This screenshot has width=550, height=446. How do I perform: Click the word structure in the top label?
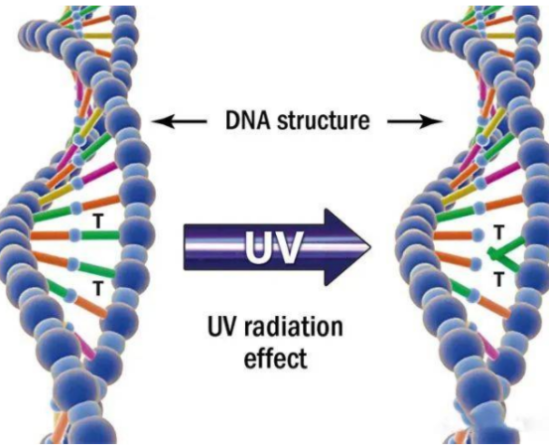click(x=323, y=121)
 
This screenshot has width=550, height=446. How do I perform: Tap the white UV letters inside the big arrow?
click(x=273, y=247)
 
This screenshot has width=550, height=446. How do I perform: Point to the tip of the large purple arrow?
click(x=370, y=247)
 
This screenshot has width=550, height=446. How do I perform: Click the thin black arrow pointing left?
click(x=179, y=121)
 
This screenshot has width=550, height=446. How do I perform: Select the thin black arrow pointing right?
click(x=415, y=121)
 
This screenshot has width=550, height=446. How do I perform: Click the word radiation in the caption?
click(x=293, y=327)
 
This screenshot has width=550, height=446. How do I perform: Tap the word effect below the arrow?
click(x=275, y=358)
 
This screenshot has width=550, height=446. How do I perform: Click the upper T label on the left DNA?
click(x=98, y=222)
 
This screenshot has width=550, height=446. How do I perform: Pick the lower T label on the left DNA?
click(x=98, y=288)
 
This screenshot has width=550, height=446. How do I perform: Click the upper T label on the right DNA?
click(x=498, y=232)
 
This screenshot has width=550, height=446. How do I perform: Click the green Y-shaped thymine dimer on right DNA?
click(x=505, y=253)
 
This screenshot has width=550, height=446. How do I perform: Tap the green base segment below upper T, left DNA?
click(x=101, y=234)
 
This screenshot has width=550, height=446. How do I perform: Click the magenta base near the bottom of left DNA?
click(x=85, y=347)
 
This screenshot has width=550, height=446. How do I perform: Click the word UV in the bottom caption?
click(x=222, y=327)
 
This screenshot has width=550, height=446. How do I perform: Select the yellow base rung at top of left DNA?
click(x=97, y=36)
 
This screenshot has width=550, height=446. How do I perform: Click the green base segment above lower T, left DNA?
click(x=97, y=269)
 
